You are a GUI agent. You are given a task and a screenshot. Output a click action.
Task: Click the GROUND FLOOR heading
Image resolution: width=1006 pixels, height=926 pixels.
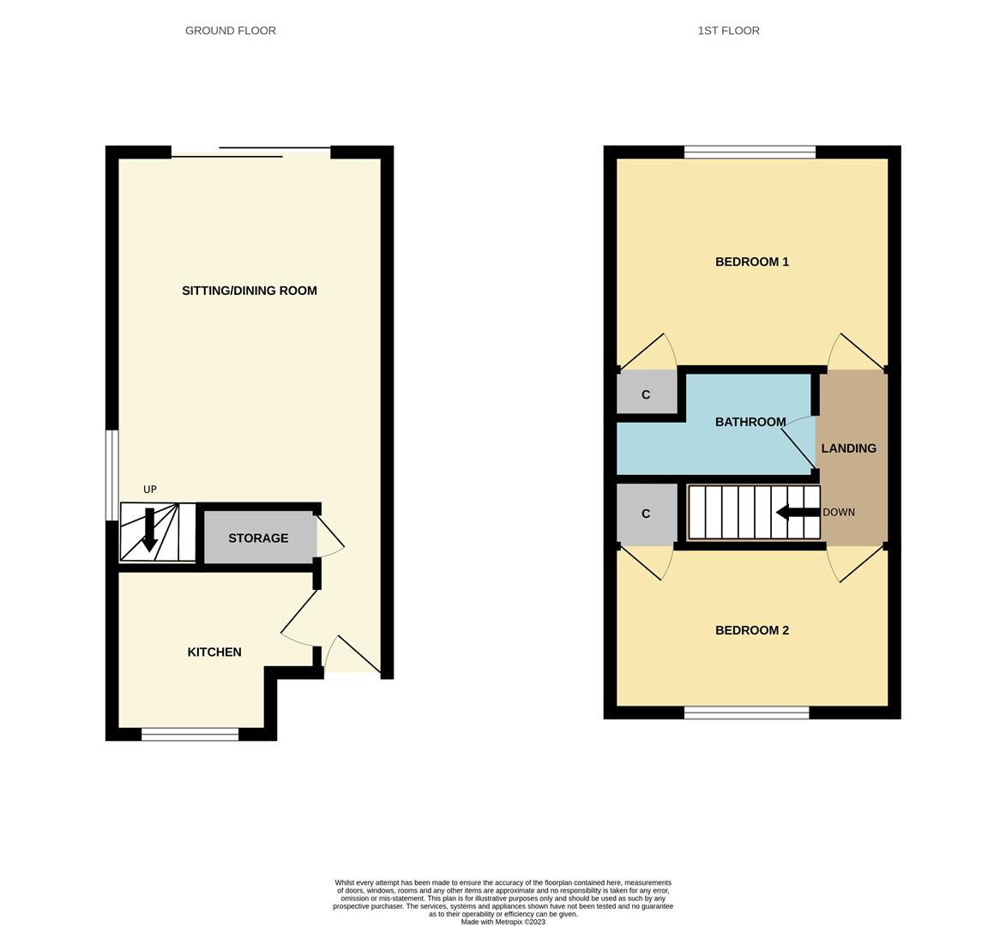(231, 31)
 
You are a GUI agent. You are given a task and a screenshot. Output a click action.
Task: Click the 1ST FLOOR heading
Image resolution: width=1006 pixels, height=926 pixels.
(728, 31)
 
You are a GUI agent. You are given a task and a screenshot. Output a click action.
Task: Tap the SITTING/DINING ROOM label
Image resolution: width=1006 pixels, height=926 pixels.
(250, 291)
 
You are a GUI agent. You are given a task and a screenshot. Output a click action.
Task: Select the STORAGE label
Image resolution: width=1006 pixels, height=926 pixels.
(258, 538)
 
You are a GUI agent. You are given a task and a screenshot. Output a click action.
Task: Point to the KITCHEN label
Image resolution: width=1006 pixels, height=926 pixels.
(214, 652)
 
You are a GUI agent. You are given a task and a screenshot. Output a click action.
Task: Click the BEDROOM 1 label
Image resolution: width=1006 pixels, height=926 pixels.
(752, 262)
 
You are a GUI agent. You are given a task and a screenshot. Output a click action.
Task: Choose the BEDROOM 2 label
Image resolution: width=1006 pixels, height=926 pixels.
(752, 630)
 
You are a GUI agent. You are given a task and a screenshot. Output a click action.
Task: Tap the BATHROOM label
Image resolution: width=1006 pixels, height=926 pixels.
(750, 422)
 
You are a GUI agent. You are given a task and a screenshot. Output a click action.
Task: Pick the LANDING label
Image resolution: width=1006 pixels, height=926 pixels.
(849, 448)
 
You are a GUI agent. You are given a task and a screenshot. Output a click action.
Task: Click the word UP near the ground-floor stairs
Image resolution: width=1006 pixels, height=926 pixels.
(150, 490)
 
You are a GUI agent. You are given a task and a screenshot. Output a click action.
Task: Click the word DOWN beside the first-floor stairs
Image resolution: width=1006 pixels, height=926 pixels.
(839, 513)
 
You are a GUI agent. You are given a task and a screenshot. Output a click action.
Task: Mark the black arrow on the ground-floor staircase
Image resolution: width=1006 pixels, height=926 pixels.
(149, 530)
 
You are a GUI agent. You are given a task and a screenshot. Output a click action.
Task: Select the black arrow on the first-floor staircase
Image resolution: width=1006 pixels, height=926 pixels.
(798, 513)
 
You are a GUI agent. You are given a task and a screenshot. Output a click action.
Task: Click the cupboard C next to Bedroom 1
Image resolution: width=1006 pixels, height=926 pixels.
(646, 394)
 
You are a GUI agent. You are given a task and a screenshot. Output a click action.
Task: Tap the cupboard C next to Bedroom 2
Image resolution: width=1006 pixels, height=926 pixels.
(646, 514)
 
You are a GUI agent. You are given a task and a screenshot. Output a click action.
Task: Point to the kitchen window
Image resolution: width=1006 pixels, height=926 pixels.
(190, 734)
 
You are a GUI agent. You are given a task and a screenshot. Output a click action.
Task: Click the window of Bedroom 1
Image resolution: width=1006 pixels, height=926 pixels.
(750, 153)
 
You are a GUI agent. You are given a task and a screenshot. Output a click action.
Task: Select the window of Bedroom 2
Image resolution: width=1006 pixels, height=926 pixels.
(746, 713)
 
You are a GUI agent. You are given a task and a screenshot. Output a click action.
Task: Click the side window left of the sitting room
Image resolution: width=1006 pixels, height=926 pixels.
(111, 475)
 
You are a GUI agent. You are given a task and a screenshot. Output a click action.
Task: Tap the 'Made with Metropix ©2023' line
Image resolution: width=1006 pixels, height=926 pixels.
(503, 922)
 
